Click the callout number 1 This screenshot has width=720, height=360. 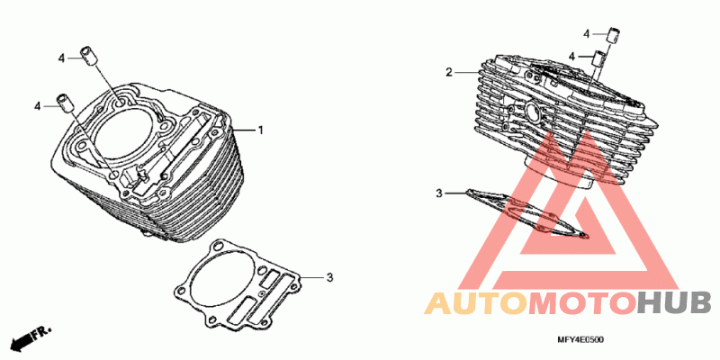260,130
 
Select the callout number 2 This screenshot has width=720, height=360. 448,72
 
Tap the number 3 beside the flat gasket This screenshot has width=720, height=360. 329,277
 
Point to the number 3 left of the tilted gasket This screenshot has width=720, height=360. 439,193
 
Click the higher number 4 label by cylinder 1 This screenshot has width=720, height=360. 61,58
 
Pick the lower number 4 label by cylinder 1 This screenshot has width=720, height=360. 38,106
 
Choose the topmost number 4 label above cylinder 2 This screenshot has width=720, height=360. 587,33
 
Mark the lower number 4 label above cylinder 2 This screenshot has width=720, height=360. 571,56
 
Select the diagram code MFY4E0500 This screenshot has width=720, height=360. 580,340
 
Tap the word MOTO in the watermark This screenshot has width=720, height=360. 582,303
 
